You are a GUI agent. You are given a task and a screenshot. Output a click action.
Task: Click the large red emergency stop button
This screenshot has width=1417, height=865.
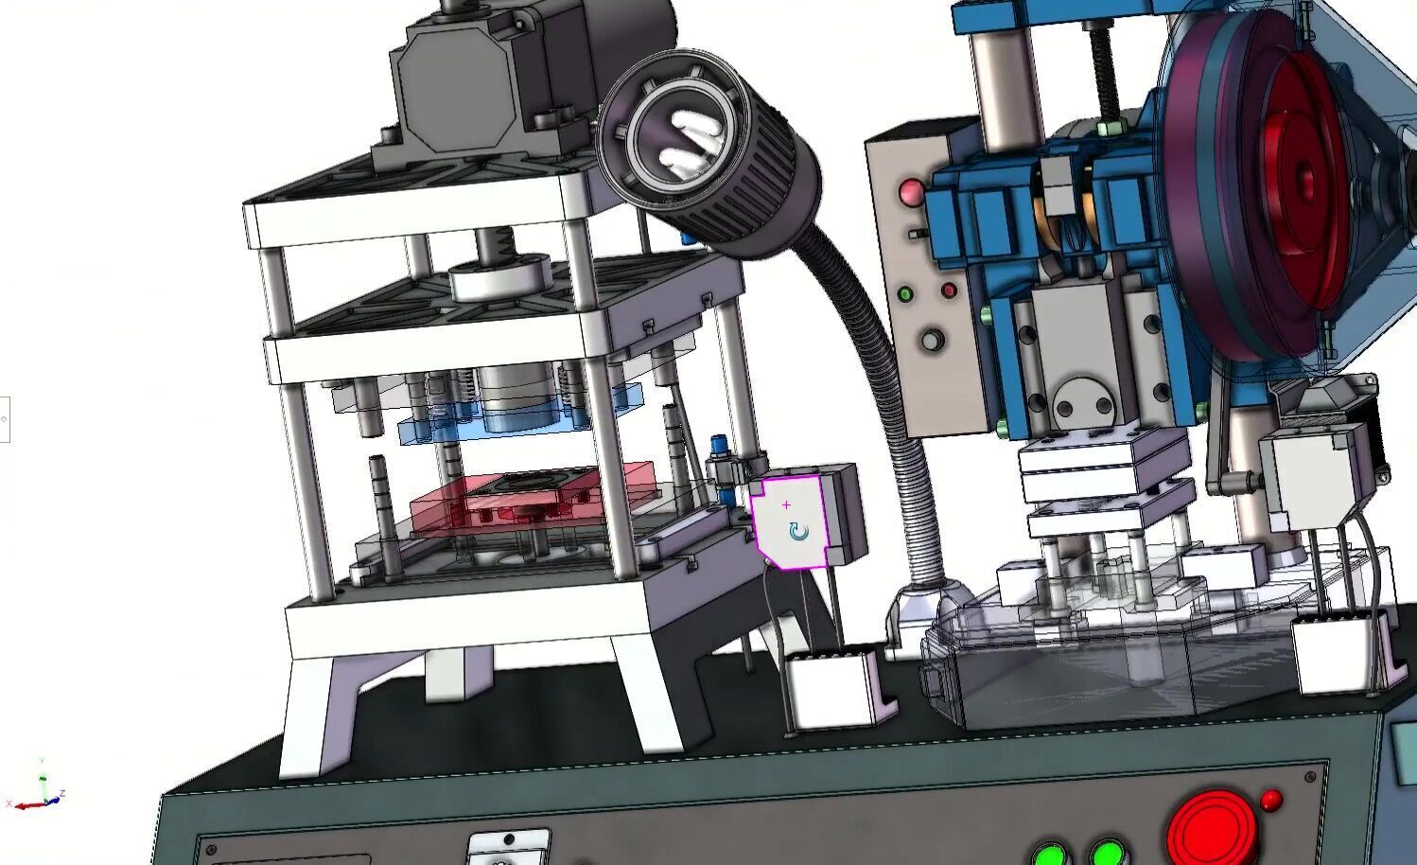(x=1210, y=829)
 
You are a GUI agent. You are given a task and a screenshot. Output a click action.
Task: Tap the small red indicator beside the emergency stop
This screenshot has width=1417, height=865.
(x=1271, y=801)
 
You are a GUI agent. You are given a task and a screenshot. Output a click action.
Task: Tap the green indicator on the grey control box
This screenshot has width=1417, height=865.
(x=905, y=294)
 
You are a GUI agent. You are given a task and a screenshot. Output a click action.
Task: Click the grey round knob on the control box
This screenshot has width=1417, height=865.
(x=933, y=340)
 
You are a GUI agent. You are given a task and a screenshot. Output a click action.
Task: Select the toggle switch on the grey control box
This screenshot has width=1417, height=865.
(x=916, y=233)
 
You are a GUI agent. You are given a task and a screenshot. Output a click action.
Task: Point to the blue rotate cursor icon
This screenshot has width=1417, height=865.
(x=799, y=532)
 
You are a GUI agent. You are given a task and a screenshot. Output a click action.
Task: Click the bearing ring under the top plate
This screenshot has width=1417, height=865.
(x=499, y=276)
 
